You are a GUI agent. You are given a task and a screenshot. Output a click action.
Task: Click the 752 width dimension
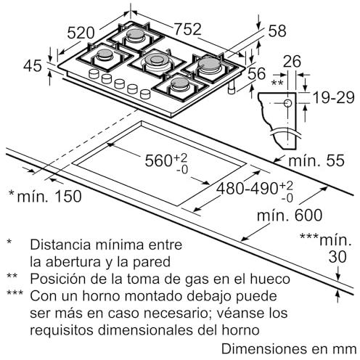coord(188,29)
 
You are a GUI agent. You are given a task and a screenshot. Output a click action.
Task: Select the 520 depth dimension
coord(81,33)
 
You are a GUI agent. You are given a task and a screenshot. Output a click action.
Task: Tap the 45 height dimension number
coord(33,65)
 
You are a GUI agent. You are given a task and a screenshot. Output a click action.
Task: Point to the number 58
coord(277,31)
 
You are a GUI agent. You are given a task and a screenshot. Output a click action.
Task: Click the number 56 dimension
coord(257,73)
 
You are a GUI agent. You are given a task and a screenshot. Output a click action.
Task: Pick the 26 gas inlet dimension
coord(292,62)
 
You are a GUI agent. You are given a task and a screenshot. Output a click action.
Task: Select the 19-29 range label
coord(334,97)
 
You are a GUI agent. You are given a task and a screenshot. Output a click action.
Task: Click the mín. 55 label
coord(316,160)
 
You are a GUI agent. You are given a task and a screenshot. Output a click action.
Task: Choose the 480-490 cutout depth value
coord(247,188)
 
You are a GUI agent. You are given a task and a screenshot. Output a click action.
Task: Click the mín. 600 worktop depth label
coord(290,215)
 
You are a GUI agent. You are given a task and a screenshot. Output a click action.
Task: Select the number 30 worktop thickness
coord(337,257)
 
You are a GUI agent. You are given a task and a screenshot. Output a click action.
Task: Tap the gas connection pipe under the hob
coord(232,88)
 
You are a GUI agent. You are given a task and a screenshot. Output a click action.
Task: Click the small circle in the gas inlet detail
coord(288,103)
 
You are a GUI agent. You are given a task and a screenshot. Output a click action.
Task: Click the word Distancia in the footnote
coord(62,245)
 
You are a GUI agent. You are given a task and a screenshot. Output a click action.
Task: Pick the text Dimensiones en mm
coord(289,349)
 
